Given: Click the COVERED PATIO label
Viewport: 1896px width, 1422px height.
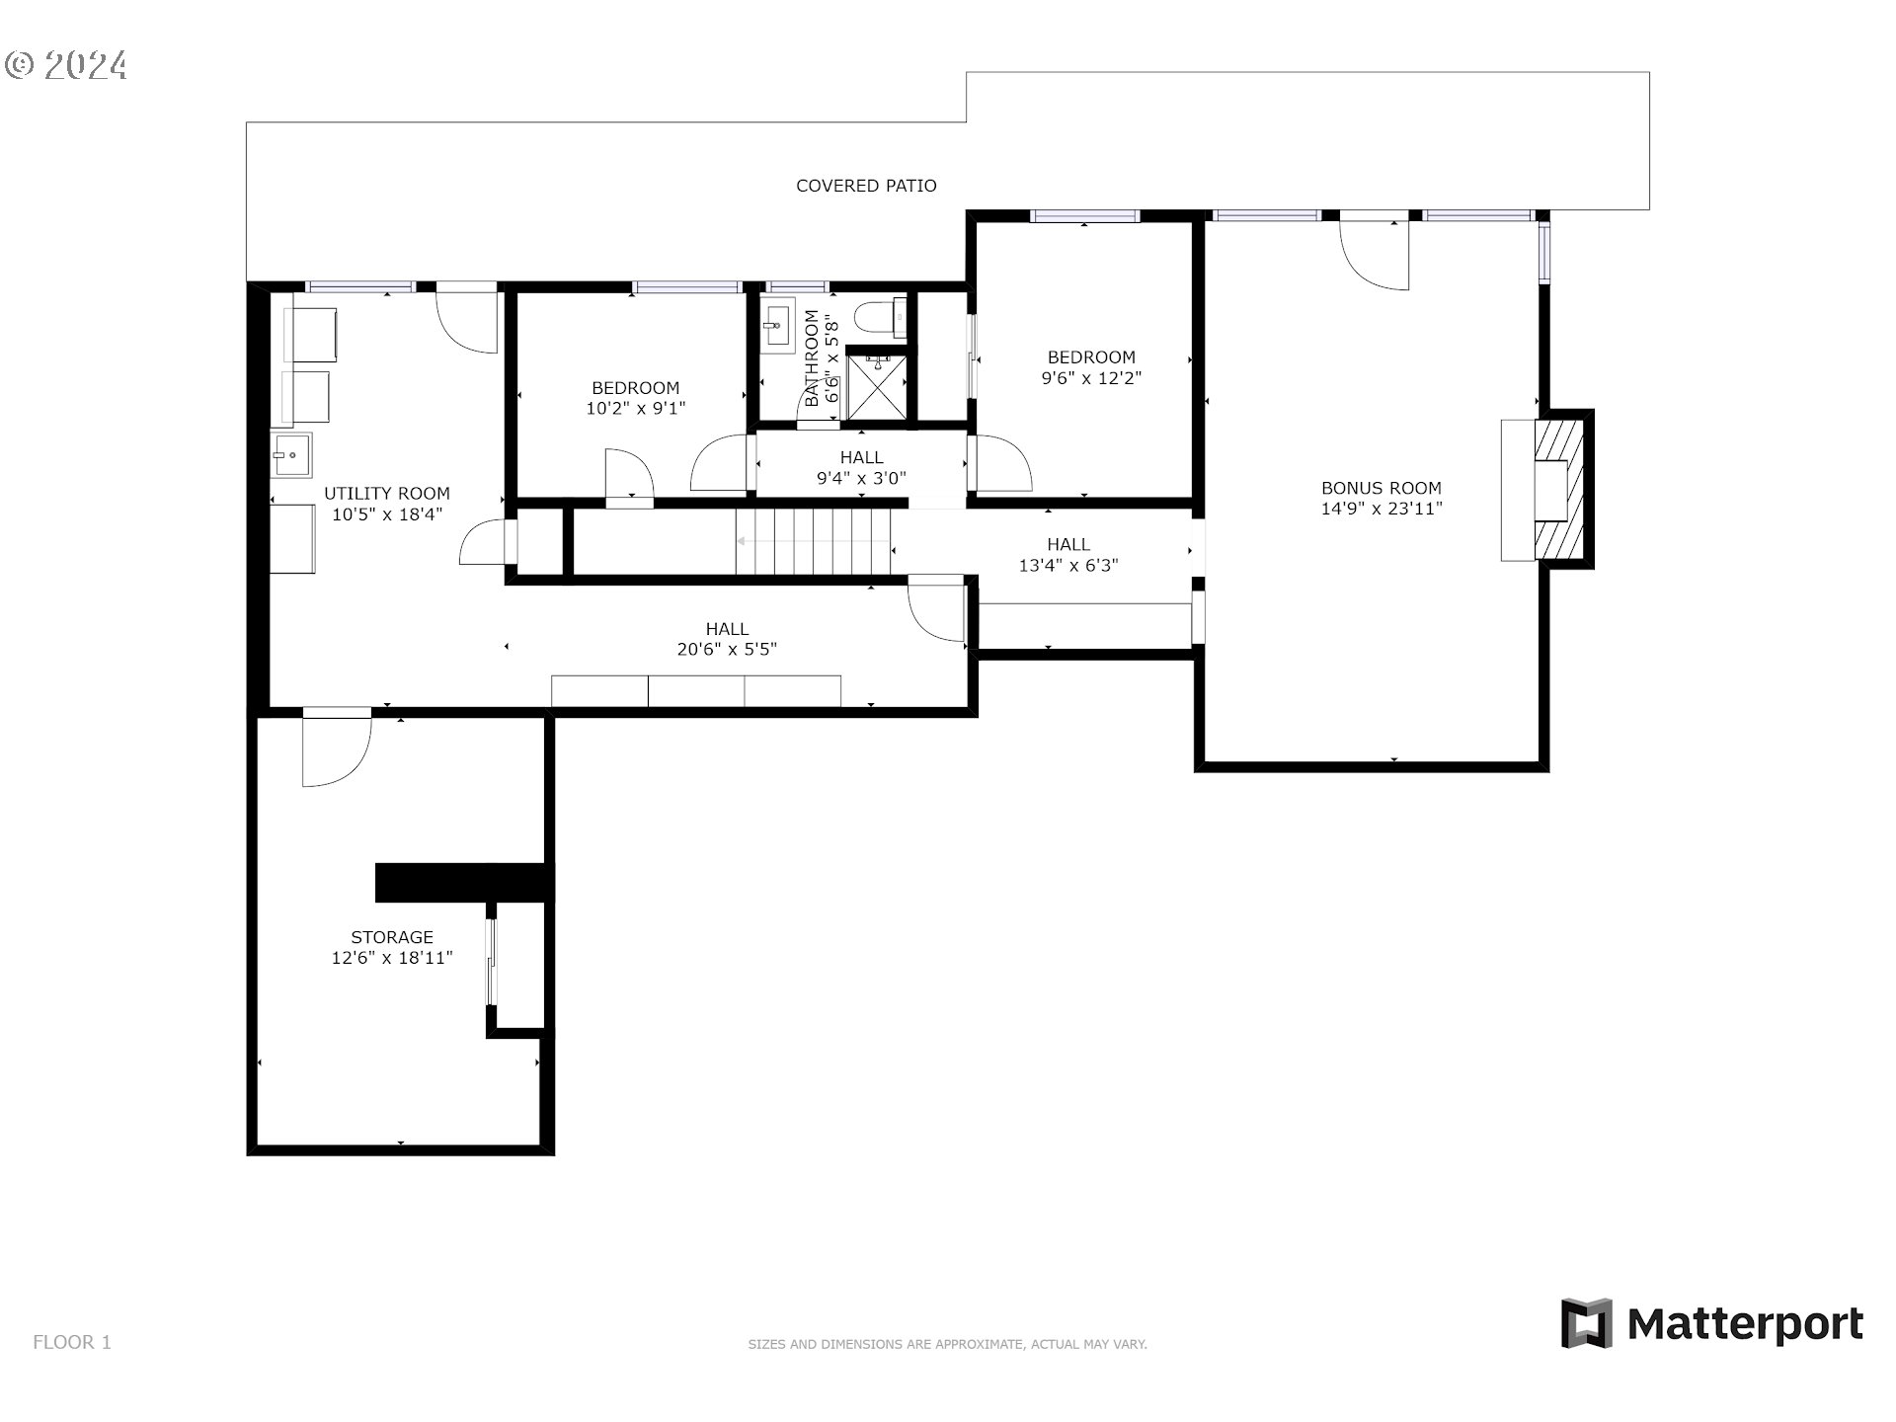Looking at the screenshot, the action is [x=866, y=186].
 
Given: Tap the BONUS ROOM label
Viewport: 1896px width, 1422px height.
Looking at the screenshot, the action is [x=1381, y=488].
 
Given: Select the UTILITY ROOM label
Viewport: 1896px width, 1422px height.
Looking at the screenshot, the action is [x=387, y=493].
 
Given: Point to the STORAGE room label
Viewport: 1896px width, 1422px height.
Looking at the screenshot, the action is [x=392, y=937].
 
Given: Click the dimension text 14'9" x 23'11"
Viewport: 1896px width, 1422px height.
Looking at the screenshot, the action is [x=1382, y=509].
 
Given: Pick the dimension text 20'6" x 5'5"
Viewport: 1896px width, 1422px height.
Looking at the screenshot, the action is [x=727, y=650].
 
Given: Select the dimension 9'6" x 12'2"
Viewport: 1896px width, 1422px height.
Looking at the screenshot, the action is [x=1091, y=378].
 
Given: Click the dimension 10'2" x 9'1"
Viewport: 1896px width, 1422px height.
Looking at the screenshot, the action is [x=636, y=408].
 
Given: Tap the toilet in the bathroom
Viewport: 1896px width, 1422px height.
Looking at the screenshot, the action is [x=880, y=317].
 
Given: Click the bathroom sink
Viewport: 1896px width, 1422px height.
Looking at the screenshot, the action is [x=777, y=324].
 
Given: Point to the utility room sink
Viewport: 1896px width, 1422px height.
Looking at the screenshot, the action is [x=291, y=455].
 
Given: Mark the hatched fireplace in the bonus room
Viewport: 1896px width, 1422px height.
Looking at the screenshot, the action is [x=1558, y=490].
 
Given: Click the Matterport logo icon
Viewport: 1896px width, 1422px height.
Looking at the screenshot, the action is [x=1586, y=1323].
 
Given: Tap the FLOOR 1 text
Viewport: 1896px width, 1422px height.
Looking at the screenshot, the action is [x=72, y=1342].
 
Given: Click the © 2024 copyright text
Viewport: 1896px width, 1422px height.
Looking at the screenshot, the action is [x=65, y=66].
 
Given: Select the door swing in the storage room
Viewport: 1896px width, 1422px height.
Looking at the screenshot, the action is [x=337, y=748].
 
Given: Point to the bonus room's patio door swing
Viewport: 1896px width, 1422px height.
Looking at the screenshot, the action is [x=1374, y=251].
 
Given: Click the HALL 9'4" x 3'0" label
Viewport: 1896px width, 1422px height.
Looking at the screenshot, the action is [x=861, y=468].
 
